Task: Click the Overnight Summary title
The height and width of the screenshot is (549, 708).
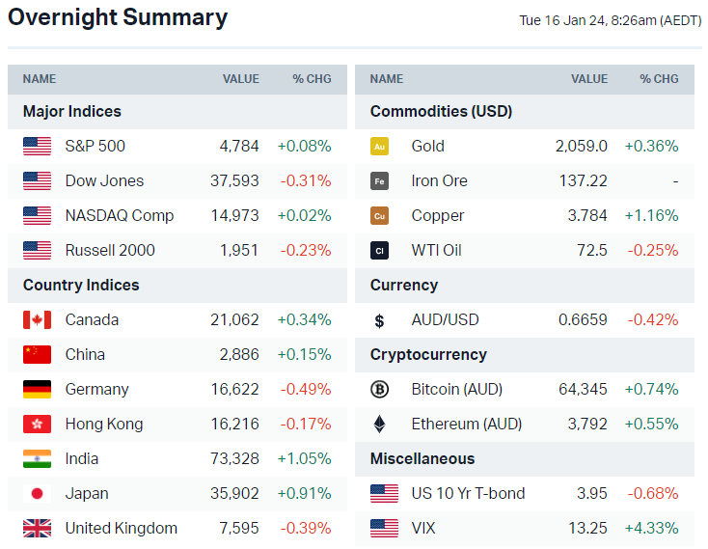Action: pyautogui.click(x=118, y=17)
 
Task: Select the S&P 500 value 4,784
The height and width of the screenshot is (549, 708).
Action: pyautogui.click(x=239, y=146)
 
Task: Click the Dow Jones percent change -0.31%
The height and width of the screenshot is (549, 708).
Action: pyautogui.click(x=306, y=180)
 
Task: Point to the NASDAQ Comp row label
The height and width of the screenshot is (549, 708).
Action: pyautogui.click(x=120, y=215)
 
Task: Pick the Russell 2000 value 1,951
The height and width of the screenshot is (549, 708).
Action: pyautogui.click(x=240, y=250)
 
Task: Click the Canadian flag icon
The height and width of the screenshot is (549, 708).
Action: pyautogui.click(x=37, y=319)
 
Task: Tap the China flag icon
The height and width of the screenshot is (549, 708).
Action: pyautogui.click(x=37, y=354)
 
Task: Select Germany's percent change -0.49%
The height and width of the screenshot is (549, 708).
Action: pyautogui.click(x=306, y=389)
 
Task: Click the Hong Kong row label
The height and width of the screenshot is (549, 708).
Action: pyautogui.click(x=104, y=424)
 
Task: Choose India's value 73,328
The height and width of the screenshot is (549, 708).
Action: pyautogui.click(x=235, y=458)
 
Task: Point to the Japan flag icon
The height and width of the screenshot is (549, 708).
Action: pyautogui.click(x=37, y=493)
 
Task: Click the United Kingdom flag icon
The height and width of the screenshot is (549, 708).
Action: pyautogui.click(x=37, y=528)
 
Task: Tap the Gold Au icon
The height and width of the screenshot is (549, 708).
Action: pyautogui.click(x=380, y=146)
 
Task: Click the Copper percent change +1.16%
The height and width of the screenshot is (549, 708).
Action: pyautogui.click(x=652, y=215)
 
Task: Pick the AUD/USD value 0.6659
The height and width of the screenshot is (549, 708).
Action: pyautogui.click(x=584, y=319)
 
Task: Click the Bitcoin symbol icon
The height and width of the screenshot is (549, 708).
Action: pyautogui.click(x=380, y=389)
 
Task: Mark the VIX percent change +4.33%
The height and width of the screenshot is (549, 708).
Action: pyautogui.click(x=652, y=528)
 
